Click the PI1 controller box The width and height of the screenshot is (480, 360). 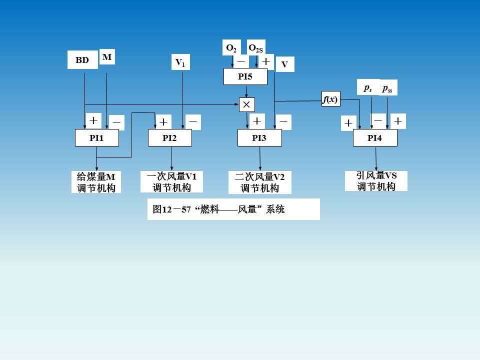coord(96,138)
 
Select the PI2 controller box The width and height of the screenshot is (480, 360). coord(170,138)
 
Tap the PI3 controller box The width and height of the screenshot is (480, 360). coord(259,138)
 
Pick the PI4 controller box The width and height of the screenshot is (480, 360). coord(375,138)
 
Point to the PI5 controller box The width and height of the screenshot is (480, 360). coord(245,77)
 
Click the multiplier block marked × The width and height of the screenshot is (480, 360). coord(247,104)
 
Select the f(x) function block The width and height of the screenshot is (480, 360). coord(330,99)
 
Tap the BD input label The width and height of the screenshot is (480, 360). coord(82,60)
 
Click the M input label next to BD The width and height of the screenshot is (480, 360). coord(107,57)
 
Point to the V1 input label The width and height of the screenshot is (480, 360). coord(180,62)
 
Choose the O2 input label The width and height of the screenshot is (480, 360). coord(231,48)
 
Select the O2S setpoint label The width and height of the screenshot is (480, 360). coord(256,48)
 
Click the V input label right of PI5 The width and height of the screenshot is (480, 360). coord(284,64)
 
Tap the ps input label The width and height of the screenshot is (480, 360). coord(368,88)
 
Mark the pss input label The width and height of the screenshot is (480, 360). coord(387,88)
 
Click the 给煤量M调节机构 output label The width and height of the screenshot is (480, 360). coord(96,182)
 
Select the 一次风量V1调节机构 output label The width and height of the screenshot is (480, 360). coord(172,182)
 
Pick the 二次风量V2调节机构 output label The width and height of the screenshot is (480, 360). coord(259,182)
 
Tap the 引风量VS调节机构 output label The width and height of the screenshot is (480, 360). coord(376,181)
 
